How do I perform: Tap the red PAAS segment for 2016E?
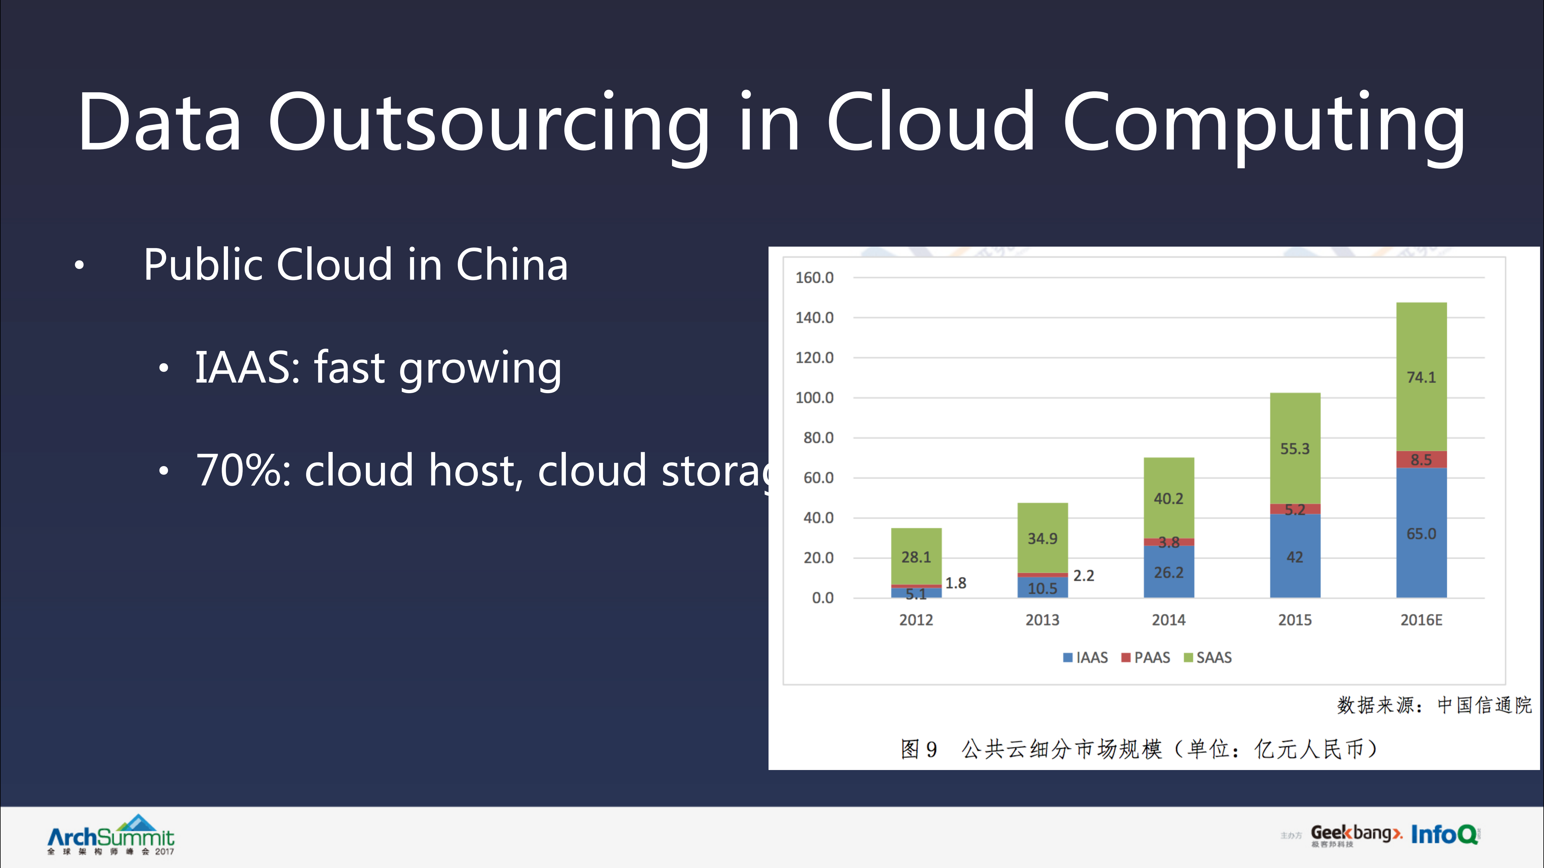[x=1421, y=459]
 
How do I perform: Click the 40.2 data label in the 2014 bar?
[x=1168, y=498]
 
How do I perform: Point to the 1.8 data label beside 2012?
[x=956, y=583]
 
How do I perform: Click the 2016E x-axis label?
[x=1421, y=620]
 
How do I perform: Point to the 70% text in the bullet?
[x=243, y=470]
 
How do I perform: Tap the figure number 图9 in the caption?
[x=918, y=749]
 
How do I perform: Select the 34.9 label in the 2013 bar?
[x=1042, y=538]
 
